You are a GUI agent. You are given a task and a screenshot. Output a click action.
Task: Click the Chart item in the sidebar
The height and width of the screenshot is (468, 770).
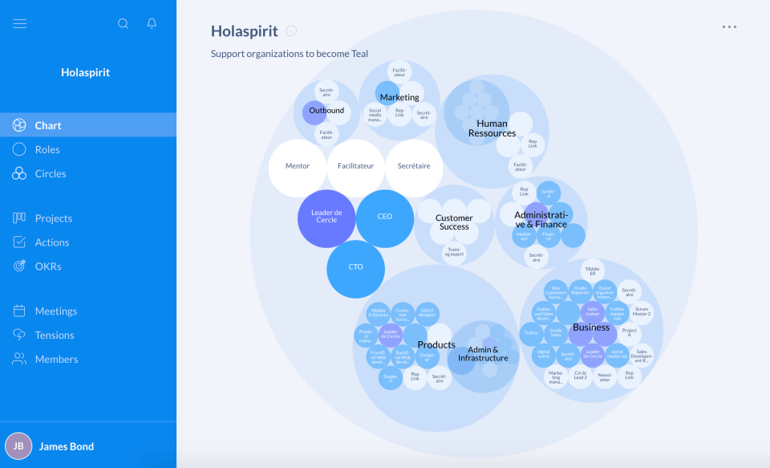point(48,125)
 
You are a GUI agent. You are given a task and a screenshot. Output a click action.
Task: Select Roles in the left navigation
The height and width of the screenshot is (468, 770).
point(47,149)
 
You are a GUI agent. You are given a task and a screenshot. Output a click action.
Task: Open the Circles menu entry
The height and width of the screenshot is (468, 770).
point(50,173)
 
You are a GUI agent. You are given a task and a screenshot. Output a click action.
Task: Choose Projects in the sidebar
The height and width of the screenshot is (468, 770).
point(53,218)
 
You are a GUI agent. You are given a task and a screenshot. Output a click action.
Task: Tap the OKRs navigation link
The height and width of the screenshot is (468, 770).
point(48,267)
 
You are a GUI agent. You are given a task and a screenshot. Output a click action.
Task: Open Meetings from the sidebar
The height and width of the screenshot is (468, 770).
point(55,311)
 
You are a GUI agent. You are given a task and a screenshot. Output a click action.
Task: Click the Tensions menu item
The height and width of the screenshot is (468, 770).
point(54,335)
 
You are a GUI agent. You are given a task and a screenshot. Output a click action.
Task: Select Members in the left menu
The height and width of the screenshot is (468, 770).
point(56,359)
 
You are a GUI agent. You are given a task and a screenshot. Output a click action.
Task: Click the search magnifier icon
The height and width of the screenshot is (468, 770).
point(123,23)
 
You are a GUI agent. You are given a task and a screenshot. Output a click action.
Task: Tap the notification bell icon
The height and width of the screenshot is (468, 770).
point(152,23)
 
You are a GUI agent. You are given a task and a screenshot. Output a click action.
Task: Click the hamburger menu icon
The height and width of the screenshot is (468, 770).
point(20,23)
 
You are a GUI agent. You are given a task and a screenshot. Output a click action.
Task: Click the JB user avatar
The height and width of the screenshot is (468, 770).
point(18,446)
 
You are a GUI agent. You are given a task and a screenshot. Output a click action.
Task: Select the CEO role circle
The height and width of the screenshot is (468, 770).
point(385,218)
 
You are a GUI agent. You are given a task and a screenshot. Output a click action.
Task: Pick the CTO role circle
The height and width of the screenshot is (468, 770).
point(355,268)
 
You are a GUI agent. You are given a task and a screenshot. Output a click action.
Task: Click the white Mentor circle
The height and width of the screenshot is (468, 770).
point(298,167)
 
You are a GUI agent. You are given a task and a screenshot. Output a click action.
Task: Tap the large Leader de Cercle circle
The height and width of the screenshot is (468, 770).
point(326,218)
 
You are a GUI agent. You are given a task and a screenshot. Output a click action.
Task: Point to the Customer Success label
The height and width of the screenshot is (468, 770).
point(454,222)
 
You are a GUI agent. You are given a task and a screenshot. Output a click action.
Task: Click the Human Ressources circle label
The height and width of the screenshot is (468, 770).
point(492,128)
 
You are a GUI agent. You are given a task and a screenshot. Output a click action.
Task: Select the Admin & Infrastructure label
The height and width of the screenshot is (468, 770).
point(483,354)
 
